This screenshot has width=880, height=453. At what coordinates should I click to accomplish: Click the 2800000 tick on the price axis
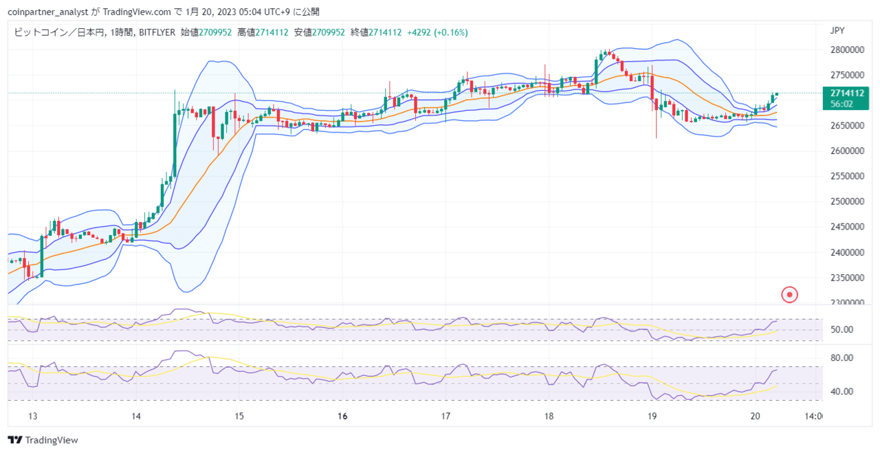[847, 50]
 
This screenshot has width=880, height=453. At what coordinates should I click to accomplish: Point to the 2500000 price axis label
[847, 201]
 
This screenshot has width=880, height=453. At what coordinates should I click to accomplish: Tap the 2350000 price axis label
[847, 278]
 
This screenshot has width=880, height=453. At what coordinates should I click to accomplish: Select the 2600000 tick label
[847, 151]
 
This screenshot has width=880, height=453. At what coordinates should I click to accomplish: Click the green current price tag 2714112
[847, 93]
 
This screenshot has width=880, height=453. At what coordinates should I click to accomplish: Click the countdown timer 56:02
[841, 104]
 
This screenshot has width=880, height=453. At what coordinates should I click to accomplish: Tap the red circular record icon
[789, 295]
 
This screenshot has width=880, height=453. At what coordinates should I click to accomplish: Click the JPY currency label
[837, 31]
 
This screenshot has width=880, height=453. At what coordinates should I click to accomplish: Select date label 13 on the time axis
[32, 416]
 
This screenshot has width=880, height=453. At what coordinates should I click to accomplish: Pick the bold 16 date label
[342, 416]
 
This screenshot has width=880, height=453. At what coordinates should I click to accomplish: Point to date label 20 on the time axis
[755, 416]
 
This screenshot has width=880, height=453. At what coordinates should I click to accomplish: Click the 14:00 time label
[813, 416]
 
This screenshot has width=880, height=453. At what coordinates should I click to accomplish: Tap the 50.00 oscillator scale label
[841, 330]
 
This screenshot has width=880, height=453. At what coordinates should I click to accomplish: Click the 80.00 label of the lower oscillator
[841, 358]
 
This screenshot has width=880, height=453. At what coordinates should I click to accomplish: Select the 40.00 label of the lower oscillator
[841, 392]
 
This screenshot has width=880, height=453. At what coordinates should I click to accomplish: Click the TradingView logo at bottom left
[43, 440]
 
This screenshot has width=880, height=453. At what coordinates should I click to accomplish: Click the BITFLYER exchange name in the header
[157, 32]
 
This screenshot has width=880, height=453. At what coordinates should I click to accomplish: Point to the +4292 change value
[419, 32]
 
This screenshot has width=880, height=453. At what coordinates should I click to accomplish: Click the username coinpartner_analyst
[48, 12]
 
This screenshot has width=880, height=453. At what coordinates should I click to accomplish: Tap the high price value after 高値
[272, 32]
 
